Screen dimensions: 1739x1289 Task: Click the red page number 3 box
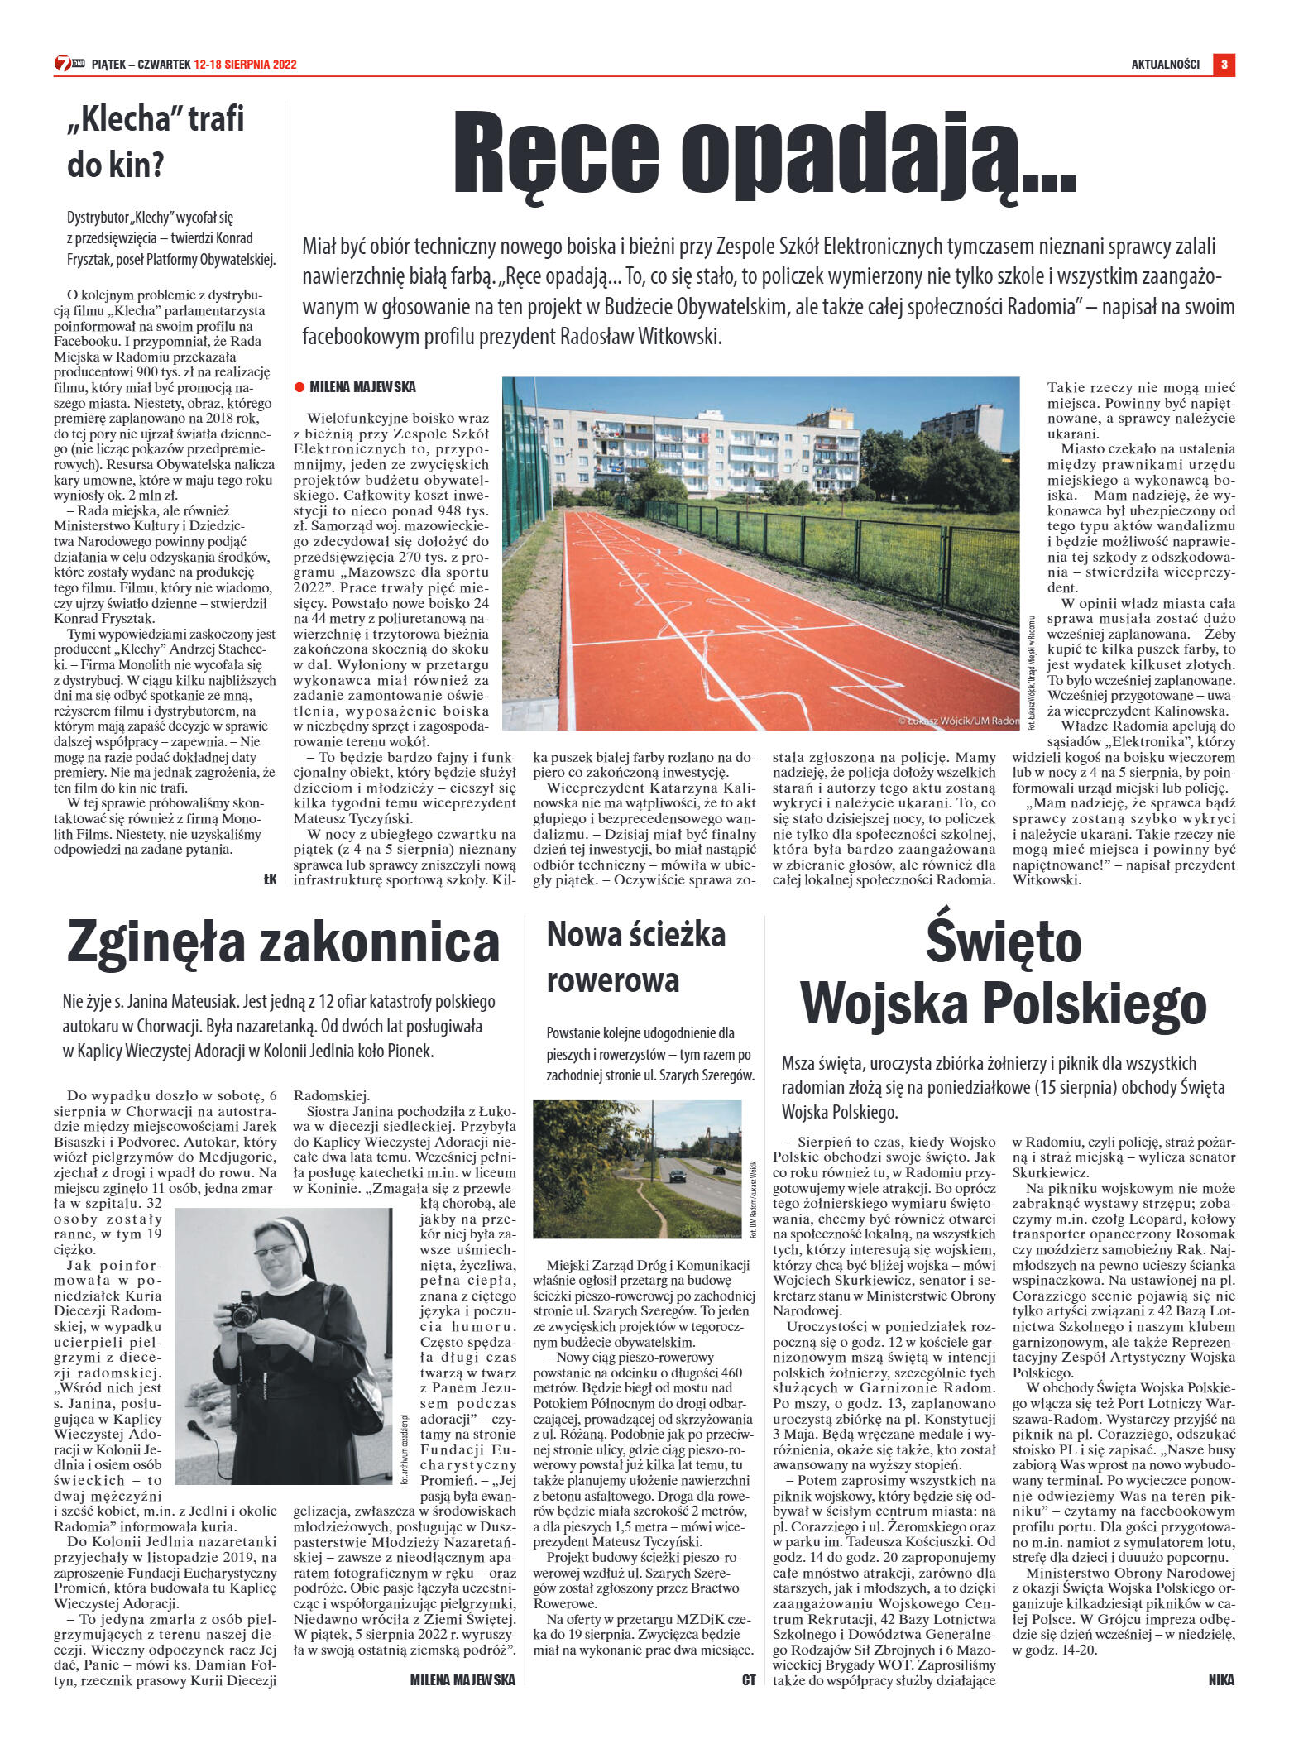(1224, 64)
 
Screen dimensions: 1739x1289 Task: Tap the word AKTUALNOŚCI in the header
(1165, 65)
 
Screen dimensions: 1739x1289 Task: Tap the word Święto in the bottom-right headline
(1003, 942)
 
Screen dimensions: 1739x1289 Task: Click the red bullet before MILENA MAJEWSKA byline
(299, 386)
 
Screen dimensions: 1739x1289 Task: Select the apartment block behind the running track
(687, 451)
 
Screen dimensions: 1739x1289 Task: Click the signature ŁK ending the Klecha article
(270, 879)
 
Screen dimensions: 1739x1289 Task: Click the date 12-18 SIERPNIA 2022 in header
(245, 65)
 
